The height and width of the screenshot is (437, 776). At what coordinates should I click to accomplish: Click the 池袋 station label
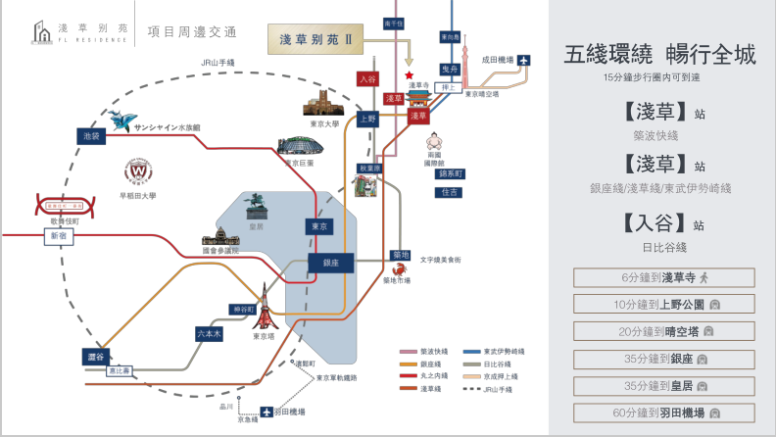tap(92, 136)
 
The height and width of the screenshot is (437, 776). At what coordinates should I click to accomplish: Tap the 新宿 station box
tap(58, 236)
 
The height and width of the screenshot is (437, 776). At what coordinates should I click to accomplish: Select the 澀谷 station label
tap(95, 357)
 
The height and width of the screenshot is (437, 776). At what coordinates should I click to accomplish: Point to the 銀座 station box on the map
tap(329, 263)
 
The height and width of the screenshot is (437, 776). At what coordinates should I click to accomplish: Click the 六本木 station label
tap(208, 333)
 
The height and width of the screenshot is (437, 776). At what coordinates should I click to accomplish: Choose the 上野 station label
tap(367, 119)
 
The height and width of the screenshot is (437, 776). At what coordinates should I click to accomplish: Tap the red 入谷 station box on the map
tap(368, 79)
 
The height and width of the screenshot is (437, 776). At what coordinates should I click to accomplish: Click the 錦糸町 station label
tap(450, 172)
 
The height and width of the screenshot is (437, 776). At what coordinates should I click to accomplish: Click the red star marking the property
tap(410, 74)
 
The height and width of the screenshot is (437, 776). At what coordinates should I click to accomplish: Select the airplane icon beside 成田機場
tap(524, 61)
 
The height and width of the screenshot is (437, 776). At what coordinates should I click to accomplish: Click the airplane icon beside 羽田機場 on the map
tap(264, 414)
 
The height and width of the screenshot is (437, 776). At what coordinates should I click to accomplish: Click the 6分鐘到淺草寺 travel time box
tap(663, 277)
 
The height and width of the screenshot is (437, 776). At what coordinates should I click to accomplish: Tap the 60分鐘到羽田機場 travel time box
tap(663, 413)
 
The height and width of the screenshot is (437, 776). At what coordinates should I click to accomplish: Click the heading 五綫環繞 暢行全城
tap(660, 55)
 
